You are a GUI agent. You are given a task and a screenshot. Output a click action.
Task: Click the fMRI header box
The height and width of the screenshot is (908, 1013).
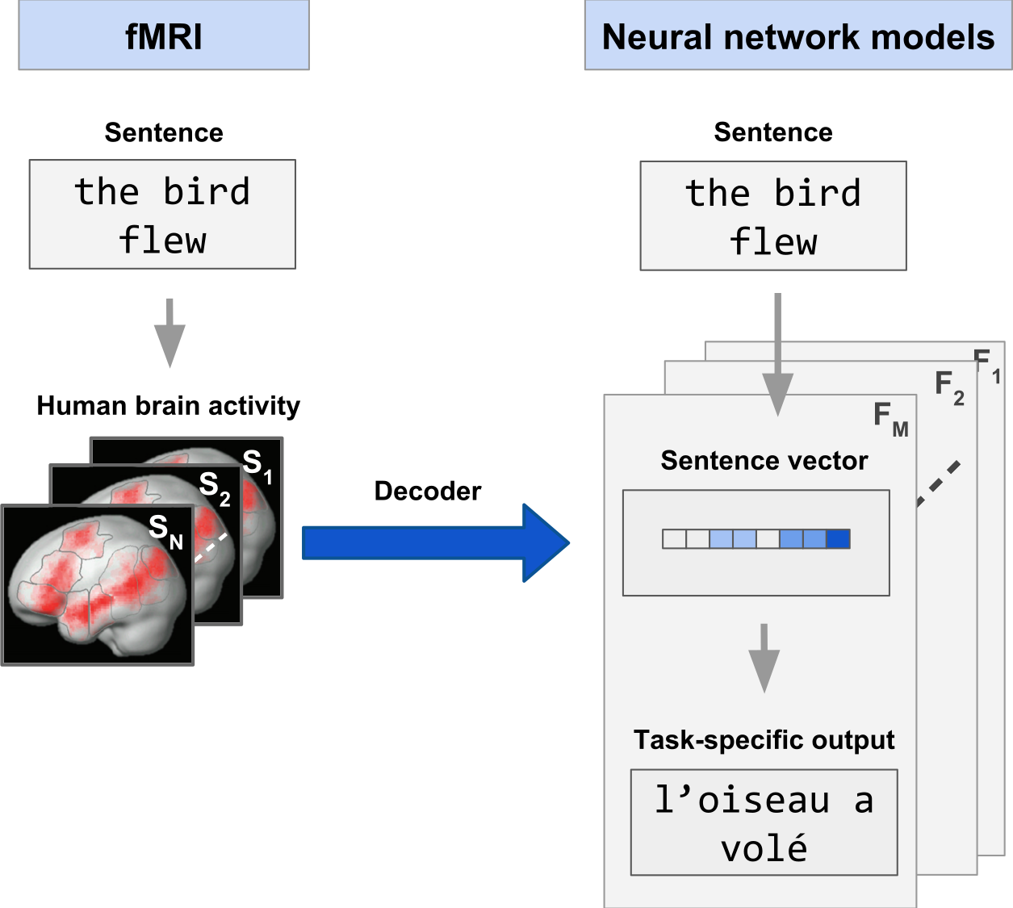pyautogui.click(x=164, y=36)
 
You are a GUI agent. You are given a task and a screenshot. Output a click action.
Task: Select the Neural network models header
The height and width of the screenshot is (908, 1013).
pyautogui.click(x=797, y=36)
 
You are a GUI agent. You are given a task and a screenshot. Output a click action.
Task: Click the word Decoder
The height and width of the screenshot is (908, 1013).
pyautogui.click(x=427, y=491)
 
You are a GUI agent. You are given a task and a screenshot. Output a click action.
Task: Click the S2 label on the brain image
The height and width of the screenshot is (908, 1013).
pyautogui.click(x=215, y=487)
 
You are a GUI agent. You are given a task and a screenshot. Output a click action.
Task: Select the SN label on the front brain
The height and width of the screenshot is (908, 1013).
pyautogui.click(x=165, y=530)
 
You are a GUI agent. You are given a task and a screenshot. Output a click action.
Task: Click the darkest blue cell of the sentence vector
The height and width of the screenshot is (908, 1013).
pyautogui.click(x=839, y=539)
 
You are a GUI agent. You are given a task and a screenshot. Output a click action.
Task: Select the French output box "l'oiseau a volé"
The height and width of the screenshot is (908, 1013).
pyautogui.click(x=764, y=822)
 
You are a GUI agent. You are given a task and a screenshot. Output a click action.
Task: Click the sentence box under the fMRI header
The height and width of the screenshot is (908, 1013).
pyautogui.click(x=162, y=214)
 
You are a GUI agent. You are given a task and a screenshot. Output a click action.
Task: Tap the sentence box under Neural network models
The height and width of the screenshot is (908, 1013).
pyautogui.click(x=773, y=215)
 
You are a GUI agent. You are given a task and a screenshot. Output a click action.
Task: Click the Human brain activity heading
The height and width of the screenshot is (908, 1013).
pyautogui.click(x=168, y=405)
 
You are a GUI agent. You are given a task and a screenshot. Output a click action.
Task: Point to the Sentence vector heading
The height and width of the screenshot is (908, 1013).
pyautogui.click(x=764, y=460)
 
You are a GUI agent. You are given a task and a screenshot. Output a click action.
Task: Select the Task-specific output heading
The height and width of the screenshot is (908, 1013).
pyautogui.click(x=764, y=739)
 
